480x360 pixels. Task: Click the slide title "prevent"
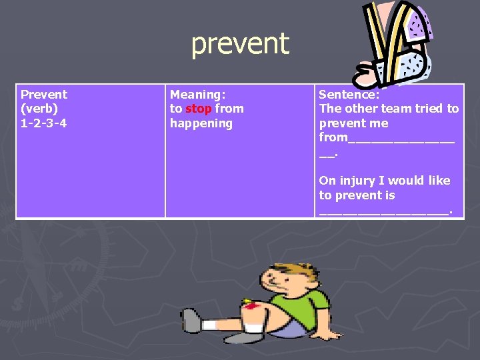[240, 44]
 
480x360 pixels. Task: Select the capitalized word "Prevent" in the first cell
[44, 95]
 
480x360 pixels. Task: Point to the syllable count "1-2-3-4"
[44, 123]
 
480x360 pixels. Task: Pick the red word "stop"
[199, 109]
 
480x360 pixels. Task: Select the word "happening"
[201, 123]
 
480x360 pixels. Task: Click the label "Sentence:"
[349, 95]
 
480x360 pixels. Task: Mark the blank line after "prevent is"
[384, 211]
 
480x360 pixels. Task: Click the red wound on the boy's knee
[251, 306]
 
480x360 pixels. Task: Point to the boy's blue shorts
[289, 326]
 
